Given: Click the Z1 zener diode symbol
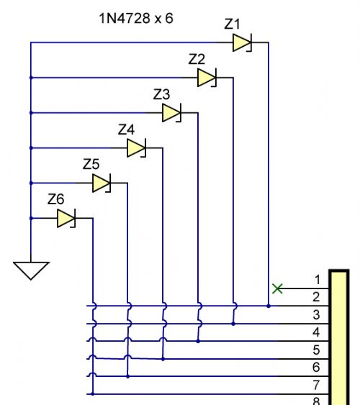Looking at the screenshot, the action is [x=242, y=42].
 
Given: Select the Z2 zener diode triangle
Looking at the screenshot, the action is [x=207, y=78].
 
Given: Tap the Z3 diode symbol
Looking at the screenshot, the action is [x=171, y=113].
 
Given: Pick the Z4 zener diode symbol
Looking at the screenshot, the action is [x=137, y=147].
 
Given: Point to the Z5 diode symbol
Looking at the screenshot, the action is [x=102, y=183].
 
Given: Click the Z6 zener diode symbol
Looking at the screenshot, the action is [x=66, y=218].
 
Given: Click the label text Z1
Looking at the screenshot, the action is [x=232, y=24].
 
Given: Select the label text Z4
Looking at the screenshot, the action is [x=126, y=129].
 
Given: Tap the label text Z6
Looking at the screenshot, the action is [x=56, y=199].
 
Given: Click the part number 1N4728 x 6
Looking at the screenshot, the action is [x=136, y=18].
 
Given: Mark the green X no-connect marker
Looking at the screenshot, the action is [x=277, y=288].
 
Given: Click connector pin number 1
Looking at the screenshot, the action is [x=318, y=280].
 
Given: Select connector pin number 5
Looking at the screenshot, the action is [x=316, y=350].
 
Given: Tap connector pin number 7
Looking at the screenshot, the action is [x=316, y=385].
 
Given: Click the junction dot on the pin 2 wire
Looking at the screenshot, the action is [x=269, y=306].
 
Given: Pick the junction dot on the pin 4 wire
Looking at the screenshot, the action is [x=198, y=341].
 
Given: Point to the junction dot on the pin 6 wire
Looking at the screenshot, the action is [x=127, y=377].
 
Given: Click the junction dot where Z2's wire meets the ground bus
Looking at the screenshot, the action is [x=31, y=78].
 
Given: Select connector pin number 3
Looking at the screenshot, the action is [x=316, y=315].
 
